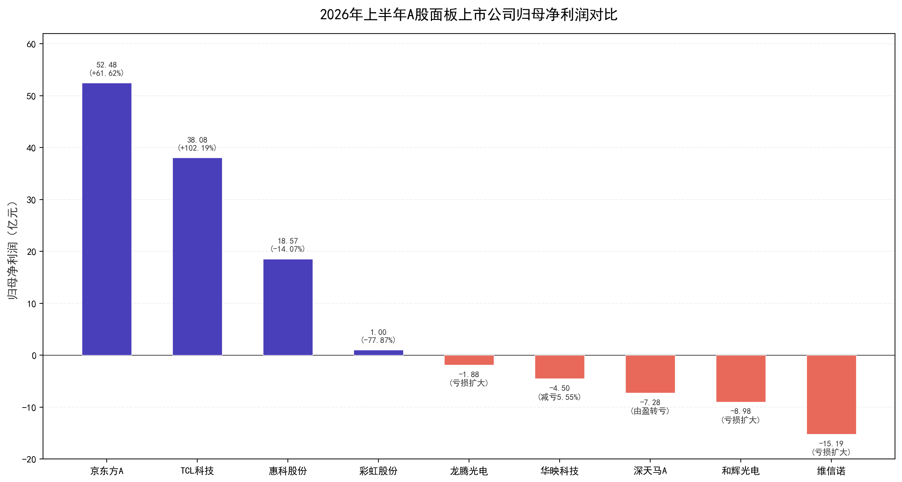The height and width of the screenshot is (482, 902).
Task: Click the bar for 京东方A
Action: click(x=107, y=219)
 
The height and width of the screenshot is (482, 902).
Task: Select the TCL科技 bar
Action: click(x=197, y=257)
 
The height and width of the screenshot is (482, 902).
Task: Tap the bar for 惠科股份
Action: click(x=288, y=307)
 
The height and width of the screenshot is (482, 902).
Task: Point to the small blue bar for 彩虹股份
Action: click(x=378, y=352)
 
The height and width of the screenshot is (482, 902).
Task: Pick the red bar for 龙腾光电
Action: click(x=469, y=360)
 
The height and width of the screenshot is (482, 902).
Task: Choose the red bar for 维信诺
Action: click(x=831, y=395)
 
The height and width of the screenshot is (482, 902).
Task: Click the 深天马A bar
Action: click(x=650, y=374)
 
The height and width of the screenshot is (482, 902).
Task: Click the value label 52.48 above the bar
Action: click(x=106, y=65)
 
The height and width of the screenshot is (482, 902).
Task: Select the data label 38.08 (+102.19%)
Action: click(x=197, y=144)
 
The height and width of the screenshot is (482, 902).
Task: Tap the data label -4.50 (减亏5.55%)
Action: click(x=560, y=393)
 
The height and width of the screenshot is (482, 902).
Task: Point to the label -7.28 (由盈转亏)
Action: click(x=650, y=407)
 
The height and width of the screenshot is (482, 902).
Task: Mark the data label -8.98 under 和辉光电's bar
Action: click(x=740, y=411)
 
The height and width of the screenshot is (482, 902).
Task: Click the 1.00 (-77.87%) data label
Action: click(x=378, y=336)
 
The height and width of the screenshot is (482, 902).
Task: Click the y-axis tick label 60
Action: click(x=31, y=44)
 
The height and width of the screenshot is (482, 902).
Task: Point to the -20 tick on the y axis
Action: click(x=29, y=460)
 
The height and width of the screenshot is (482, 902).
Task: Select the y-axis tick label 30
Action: click(x=31, y=200)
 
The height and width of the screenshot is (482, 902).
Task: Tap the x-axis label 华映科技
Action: click(x=560, y=471)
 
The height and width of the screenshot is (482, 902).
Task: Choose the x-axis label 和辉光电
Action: click(x=740, y=471)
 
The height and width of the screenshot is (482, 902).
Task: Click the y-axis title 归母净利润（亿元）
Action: click(x=13, y=250)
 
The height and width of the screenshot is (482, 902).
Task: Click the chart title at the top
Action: click(x=469, y=15)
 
